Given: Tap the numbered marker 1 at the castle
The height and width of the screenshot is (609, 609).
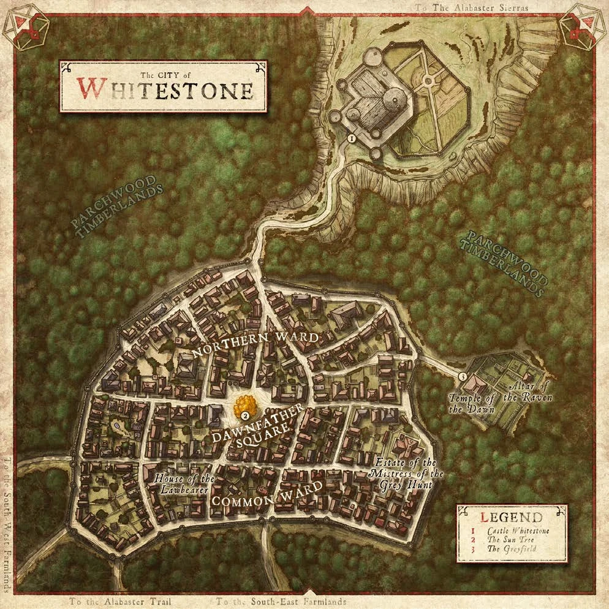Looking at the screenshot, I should pos(351,139).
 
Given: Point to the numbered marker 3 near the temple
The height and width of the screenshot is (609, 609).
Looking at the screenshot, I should pos(463,376).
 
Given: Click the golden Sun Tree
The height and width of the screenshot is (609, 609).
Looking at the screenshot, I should pos(245,405).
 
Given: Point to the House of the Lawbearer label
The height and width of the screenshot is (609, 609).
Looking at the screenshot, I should pos(184,484).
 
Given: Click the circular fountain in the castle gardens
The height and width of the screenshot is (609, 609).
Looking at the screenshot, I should pos(427,80).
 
